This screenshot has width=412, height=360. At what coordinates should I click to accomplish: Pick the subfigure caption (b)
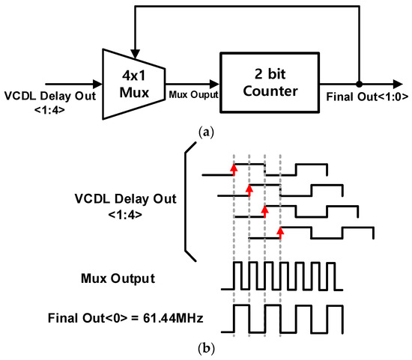tap(205, 350)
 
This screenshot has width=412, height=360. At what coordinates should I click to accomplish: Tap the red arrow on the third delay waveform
tap(264, 212)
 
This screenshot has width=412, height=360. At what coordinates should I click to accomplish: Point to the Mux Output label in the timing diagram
tap(118, 278)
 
